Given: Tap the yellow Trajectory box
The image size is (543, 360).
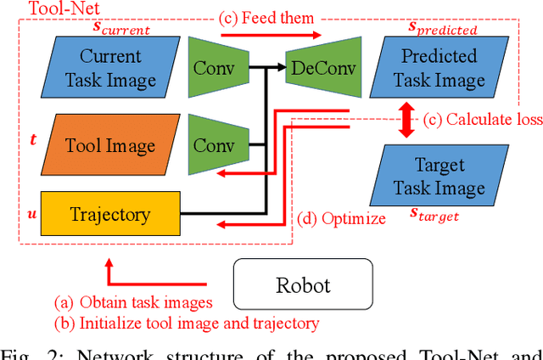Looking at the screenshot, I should point(111,213).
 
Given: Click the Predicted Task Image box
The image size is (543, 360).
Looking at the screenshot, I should point(437,69).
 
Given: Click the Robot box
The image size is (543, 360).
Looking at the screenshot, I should point(303,284).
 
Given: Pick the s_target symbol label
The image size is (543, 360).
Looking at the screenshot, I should point(434,217).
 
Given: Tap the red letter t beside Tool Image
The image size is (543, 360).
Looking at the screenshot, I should point(33,138).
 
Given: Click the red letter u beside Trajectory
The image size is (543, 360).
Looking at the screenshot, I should point(33,204).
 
